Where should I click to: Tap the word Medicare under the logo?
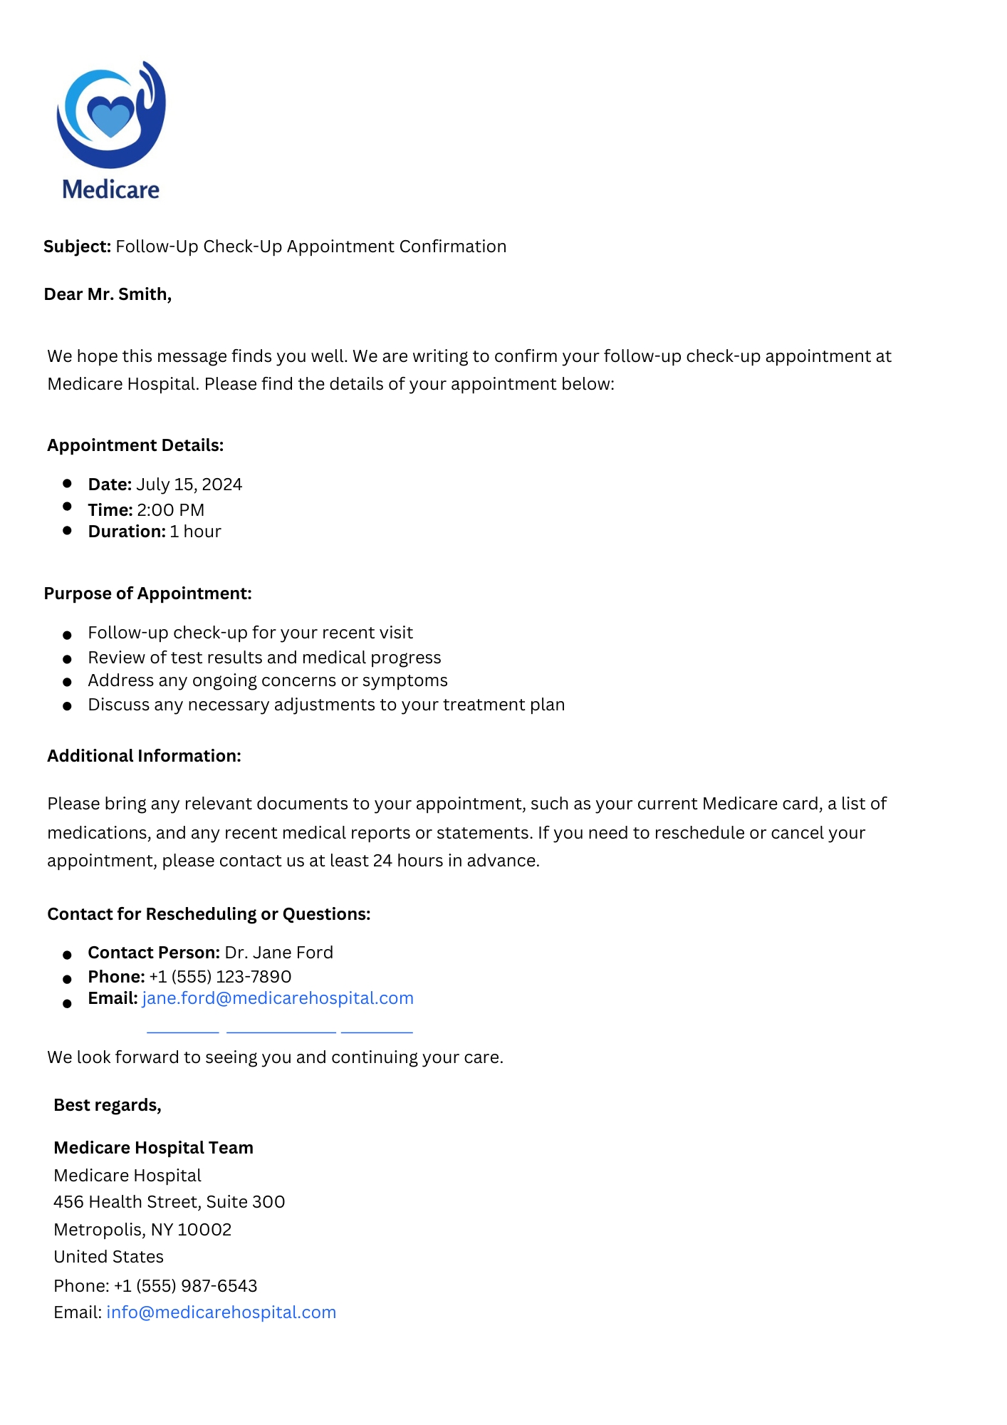(111, 190)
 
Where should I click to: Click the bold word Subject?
(77, 247)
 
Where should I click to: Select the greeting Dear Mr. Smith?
(108, 294)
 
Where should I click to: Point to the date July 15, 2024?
(189, 484)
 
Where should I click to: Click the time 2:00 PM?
(170, 510)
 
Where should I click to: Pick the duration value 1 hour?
(195, 532)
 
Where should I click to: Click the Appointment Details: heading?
(135, 445)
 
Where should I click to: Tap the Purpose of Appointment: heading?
(147, 594)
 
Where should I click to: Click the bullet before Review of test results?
(68, 659)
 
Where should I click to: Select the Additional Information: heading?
(144, 756)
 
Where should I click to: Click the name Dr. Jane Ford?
(278, 953)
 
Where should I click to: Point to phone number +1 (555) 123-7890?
(220, 977)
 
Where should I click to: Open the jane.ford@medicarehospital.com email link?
(278, 998)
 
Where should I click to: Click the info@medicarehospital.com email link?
(221, 1312)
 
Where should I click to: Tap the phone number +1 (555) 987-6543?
(185, 1286)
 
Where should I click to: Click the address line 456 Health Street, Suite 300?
(169, 1202)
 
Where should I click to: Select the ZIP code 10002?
(204, 1230)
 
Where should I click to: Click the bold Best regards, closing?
(108, 1105)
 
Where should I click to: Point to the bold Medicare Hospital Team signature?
(153, 1148)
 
